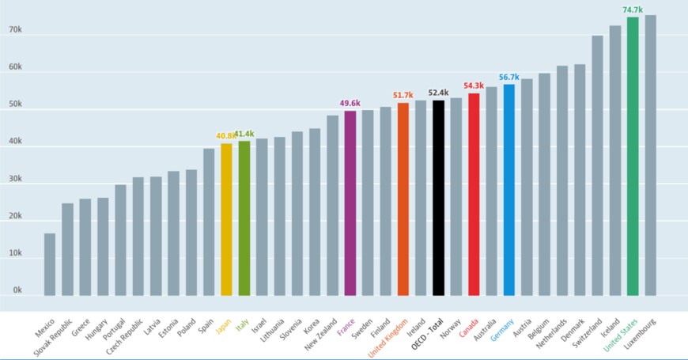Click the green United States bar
633,154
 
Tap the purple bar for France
350,202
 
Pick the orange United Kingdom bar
403,198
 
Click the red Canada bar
474,193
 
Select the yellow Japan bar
226,218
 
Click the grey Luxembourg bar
650,154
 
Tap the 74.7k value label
633,10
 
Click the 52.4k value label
438,93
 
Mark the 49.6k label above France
350,103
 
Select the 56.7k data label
508,78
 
